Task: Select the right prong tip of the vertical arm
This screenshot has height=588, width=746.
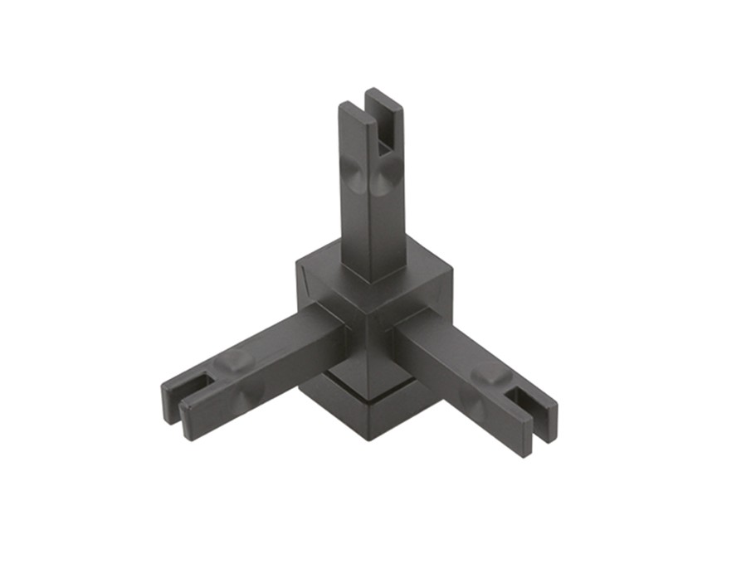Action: (385, 93)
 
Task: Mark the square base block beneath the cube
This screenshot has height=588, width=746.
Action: (365, 406)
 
